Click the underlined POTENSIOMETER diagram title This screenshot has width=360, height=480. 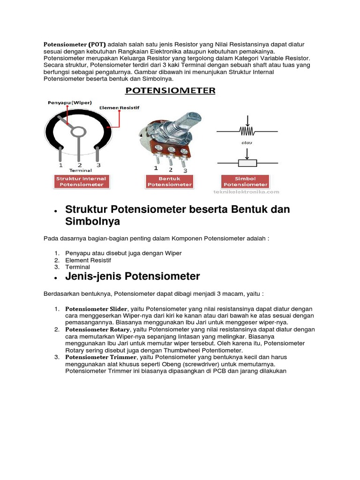(x=170, y=90)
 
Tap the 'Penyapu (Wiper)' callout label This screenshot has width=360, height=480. (x=69, y=103)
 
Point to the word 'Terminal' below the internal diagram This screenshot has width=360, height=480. (x=79, y=171)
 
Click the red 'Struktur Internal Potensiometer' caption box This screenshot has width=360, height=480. (x=81, y=181)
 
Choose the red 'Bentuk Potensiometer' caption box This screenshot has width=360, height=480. (x=170, y=181)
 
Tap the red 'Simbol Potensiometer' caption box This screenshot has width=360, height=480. (x=245, y=181)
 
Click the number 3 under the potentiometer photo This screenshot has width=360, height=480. (x=185, y=171)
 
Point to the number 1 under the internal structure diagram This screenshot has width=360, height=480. (x=60, y=165)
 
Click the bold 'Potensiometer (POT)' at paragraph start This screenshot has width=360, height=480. (x=75, y=45)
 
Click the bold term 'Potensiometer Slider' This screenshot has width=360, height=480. (x=96, y=309)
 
